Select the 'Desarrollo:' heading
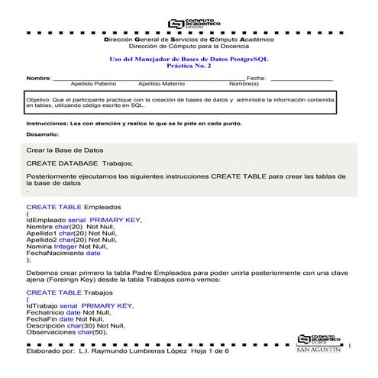point(42,134)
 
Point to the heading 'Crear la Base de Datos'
point(65,150)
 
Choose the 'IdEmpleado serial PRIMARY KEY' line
point(83,220)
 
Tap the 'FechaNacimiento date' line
point(63,253)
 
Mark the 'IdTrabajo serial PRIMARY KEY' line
point(79,305)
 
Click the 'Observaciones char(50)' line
point(67,332)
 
